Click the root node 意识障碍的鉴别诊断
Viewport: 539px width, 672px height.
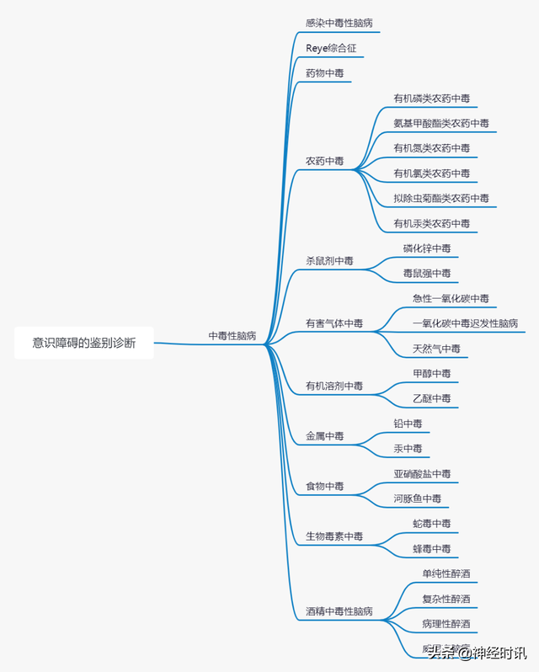83,343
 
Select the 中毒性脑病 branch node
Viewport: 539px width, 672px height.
232,335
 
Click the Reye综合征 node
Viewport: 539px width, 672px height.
331,48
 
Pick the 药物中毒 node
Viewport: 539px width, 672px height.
325,73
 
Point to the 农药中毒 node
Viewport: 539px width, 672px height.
325,161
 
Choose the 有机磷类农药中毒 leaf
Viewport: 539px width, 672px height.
431,99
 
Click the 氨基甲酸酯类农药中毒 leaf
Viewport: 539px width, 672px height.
440,123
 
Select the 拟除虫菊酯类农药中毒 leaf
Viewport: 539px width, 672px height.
440,199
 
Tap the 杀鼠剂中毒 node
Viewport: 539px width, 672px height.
330,261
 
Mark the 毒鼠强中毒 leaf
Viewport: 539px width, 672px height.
426,274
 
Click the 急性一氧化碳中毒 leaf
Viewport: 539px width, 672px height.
450,299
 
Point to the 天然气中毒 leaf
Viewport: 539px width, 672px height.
436,349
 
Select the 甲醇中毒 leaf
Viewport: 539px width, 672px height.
431,373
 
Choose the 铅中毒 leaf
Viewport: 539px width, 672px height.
408,424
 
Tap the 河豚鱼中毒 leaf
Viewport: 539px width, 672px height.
417,499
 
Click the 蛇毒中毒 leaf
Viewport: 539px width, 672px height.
431,524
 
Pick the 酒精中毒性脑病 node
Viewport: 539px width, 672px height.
339,611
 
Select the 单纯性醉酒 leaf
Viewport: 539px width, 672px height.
446,574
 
